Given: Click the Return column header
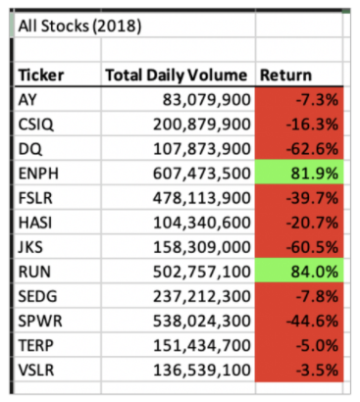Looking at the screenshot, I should point(285,75).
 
